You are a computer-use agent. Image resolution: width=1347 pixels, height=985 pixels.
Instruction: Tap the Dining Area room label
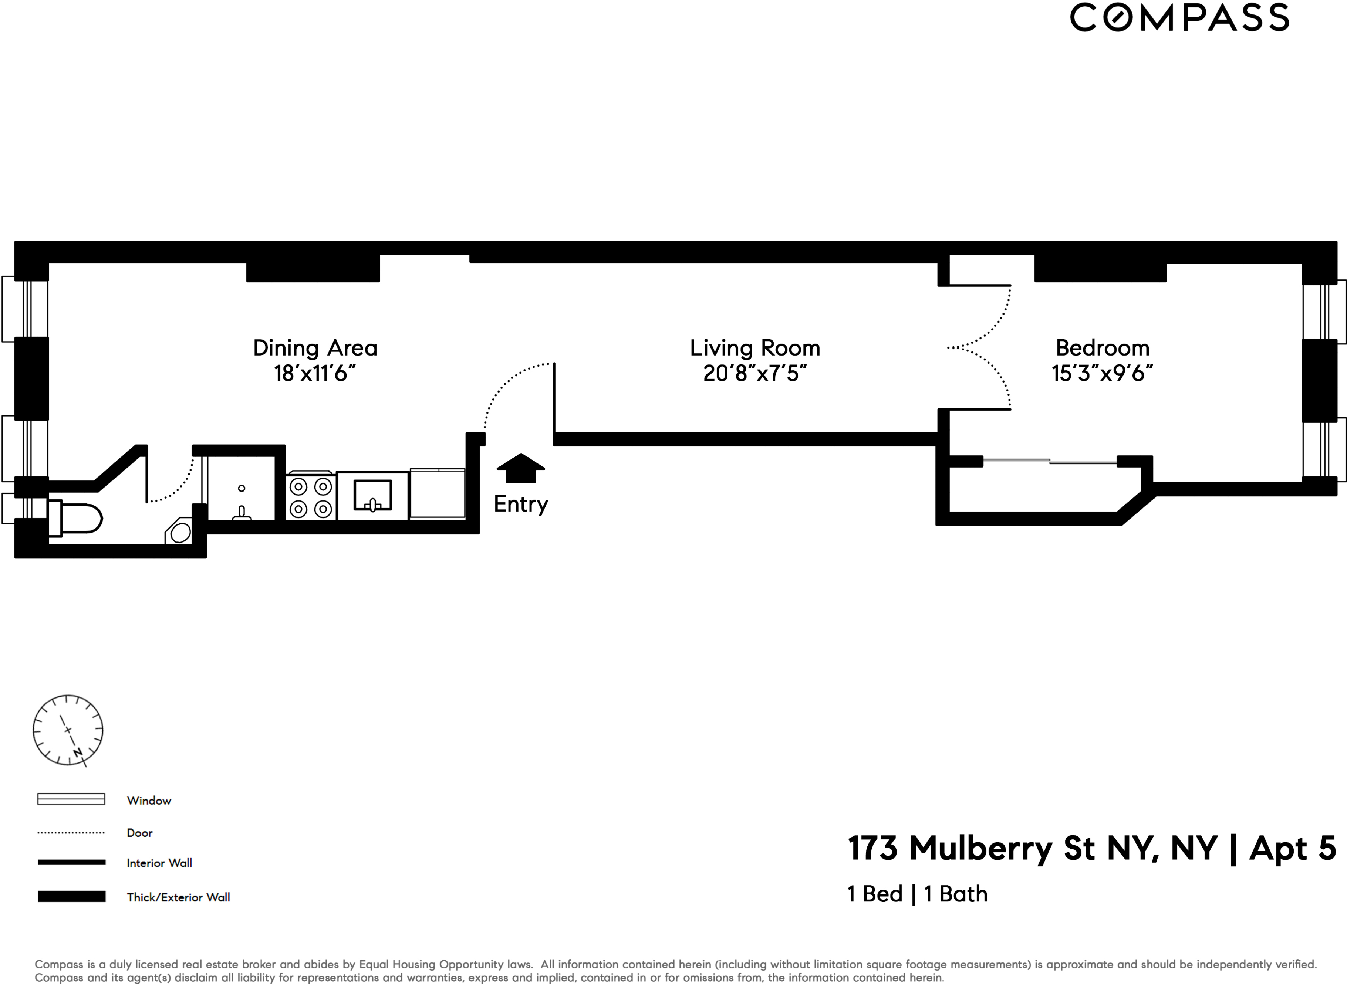pos(315,347)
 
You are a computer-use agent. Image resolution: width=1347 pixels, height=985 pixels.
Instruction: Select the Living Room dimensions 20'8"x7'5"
pos(754,374)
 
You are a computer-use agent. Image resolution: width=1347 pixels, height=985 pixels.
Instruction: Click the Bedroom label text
pos(1103,347)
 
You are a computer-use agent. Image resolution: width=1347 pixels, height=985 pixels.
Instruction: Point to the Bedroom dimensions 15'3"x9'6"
pos(1102,374)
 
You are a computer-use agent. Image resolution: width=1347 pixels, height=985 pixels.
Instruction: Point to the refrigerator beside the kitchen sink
pos(437,494)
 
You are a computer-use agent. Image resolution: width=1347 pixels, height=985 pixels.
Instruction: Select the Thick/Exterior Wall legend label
pos(178,897)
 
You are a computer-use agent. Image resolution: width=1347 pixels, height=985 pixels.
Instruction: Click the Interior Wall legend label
pos(159,863)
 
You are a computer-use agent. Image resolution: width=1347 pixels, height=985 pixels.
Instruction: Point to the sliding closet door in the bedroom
pos(1050,462)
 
